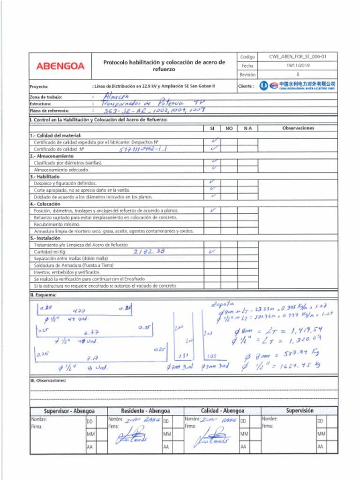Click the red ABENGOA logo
[x=60, y=66]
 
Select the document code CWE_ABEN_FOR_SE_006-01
[x=297, y=57]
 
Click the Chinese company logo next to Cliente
[x=298, y=86]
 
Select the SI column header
[x=212, y=128]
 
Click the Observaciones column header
[x=298, y=128]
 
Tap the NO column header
[x=229, y=128]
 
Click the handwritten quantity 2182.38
[x=149, y=251]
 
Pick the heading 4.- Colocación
[x=45, y=204]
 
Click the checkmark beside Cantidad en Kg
[x=212, y=251]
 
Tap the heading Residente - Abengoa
[x=145, y=411]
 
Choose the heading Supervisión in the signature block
[x=300, y=411]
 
